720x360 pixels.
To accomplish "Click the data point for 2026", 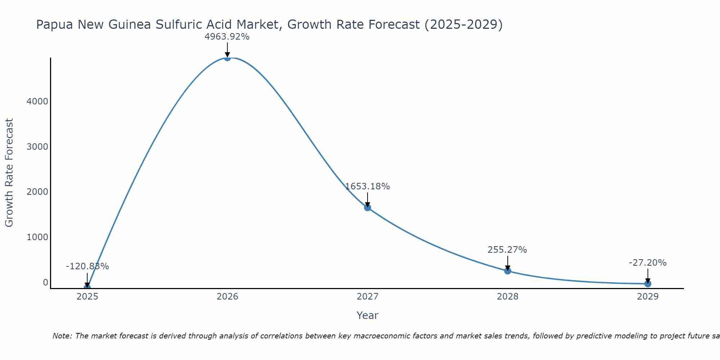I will click(x=227, y=58).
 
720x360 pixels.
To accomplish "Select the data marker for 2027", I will click(x=367, y=207).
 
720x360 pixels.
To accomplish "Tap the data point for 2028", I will click(x=508, y=271).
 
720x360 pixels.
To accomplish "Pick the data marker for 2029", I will click(x=648, y=284).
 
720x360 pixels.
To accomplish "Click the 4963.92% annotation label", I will click(x=227, y=37).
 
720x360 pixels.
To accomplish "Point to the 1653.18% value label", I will click(x=367, y=186).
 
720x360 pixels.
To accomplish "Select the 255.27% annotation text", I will click(x=507, y=250).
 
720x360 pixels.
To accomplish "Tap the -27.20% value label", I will click(x=648, y=263).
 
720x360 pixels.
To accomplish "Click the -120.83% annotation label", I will click(x=87, y=266).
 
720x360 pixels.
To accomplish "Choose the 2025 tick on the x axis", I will click(x=87, y=297).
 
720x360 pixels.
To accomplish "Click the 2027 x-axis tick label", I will click(x=367, y=297).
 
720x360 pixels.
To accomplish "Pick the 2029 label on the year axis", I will click(x=648, y=297).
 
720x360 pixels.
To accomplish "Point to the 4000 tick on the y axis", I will click(x=37, y=102).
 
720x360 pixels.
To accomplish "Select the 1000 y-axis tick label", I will click(x=37, y=237).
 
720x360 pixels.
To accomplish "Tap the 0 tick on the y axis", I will click(x=45, y=283).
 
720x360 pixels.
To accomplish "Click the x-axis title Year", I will click(x=367, y=316).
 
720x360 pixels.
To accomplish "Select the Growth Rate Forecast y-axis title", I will click(x=9, y=173).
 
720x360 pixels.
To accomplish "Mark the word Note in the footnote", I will click(x=62, y=336).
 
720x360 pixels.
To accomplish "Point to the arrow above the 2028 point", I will click(x=508, y=263).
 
